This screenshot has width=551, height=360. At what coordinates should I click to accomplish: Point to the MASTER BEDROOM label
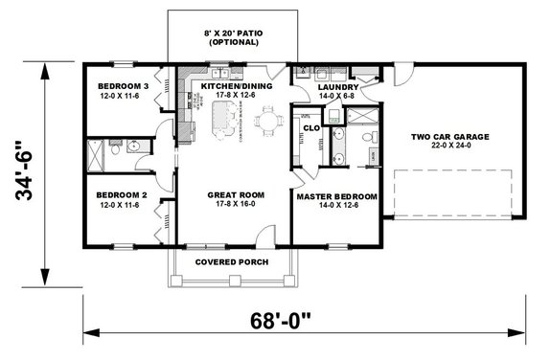point(335,196)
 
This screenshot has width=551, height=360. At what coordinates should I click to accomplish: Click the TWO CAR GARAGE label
point(449,137)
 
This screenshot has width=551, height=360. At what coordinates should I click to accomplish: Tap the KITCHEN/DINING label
point(236,85)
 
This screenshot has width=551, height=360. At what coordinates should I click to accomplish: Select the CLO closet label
point(310,126)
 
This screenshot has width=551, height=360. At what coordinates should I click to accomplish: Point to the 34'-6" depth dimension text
point(26,175)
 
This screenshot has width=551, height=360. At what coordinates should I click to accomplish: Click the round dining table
point(270,121)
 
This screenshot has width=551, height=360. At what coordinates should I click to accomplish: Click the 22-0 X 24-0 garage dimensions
point(449,147)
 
